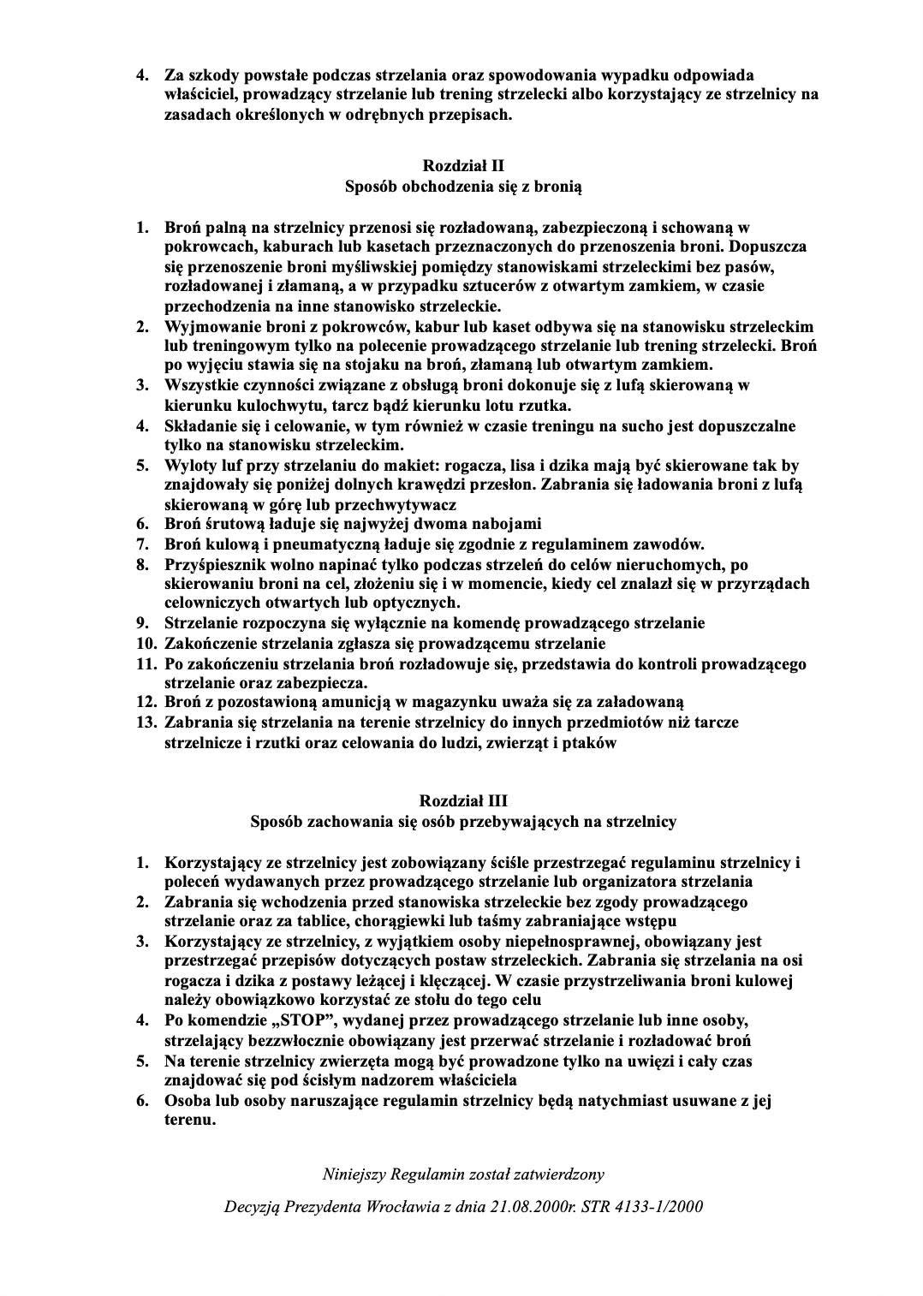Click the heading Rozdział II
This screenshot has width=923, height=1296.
coord(462,164)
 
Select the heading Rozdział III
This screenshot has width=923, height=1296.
coord(462,801)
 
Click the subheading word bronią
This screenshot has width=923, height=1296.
coord(557,185)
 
